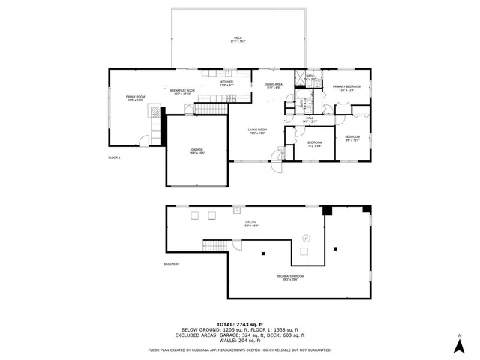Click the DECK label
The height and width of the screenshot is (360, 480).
pos(238,38)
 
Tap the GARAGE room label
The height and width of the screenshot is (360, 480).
pos(196,151)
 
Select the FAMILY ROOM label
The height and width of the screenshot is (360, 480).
pos(135,97)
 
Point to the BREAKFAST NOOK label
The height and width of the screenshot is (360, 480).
pos(184,91)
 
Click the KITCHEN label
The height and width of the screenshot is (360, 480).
pos(226,82)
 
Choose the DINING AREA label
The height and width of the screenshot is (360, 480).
pos(273,85)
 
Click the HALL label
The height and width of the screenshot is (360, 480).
pos(309,119)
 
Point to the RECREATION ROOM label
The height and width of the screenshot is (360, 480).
pos(289,277)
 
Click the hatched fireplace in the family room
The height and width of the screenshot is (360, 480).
pos(155,113)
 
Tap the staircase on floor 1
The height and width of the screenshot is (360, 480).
pos(212,110)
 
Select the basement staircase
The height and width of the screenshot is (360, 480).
pos(215,246)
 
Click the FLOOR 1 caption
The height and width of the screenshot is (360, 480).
pos(114,157)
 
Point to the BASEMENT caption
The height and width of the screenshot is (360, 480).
pos(172,263)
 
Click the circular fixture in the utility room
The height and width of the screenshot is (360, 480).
pos(305,238)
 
